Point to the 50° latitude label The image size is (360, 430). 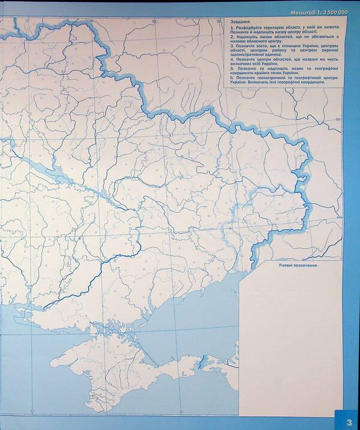(337, 120)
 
